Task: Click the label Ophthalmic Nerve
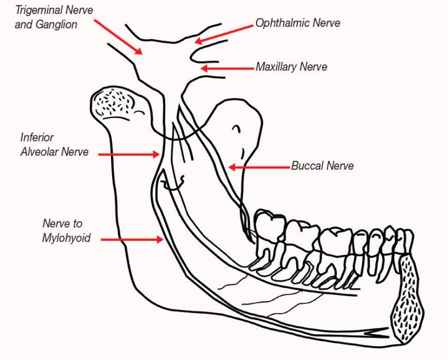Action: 298,23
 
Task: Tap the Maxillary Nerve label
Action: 291,67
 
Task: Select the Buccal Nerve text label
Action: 322,166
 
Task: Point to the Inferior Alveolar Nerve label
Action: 54,144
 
